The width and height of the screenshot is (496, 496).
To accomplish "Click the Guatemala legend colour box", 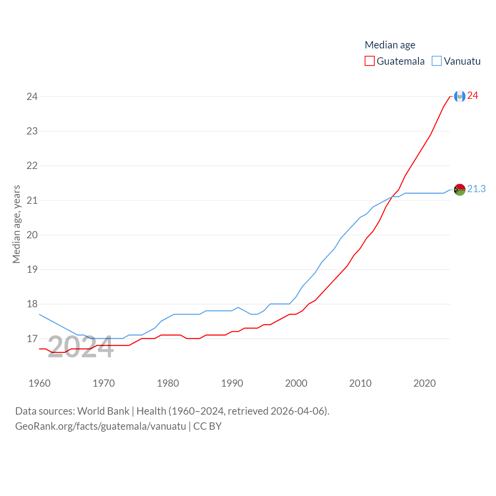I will tap(370, 61).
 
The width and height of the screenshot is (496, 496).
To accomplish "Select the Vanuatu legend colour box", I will tap(437, 61).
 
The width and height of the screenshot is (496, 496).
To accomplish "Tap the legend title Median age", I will tap(390, 45).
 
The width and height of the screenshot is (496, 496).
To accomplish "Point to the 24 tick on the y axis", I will tap(32, 96).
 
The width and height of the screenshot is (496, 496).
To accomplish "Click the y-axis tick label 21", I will tap(32, 200).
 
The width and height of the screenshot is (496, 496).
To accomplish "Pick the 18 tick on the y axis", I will tap(32, 304).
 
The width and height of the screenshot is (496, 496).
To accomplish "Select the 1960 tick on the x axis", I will tap(40, 383).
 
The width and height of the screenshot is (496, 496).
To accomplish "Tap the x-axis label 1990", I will tap(232, 383).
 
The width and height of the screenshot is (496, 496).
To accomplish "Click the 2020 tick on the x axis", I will tap(424, 383).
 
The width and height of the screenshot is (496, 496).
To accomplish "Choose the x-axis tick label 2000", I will tap(296, 383).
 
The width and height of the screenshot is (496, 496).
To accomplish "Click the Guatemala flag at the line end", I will tap(460, 96).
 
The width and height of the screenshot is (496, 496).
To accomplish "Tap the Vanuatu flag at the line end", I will tap(460, 190).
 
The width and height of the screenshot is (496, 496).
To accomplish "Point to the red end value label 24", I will tap(472, 96).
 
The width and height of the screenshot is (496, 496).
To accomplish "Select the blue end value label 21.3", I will tap(476, 189).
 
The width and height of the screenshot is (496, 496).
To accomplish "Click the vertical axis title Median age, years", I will tap(16, 224).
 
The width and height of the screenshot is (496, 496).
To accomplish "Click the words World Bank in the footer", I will tap(103, 411).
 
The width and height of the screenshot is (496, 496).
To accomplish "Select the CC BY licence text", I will tap(207, 426).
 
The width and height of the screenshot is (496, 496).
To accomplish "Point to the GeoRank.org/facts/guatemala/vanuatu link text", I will tap(101, 426).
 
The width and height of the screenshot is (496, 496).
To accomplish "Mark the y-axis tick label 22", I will tap(32, 166).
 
